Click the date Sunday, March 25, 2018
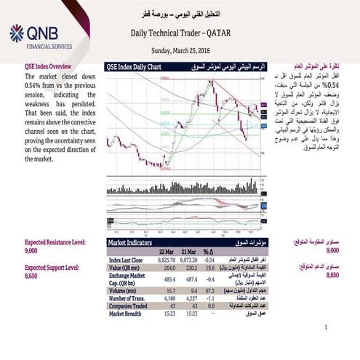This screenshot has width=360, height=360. [180, 51]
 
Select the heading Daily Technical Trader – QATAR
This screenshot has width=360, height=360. [180, 33]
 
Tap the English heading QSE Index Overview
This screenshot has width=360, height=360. [52, 65]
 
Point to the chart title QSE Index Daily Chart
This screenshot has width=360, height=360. [135, 65]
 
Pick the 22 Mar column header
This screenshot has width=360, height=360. [165, 252]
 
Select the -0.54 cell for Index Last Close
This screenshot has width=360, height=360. [210, 259]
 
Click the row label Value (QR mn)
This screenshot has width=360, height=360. [127, 267]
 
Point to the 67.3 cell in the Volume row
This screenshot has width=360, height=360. [210, 289]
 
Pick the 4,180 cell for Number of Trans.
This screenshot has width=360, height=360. [166, 297]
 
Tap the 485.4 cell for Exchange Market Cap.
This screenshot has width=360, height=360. [166, 278]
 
